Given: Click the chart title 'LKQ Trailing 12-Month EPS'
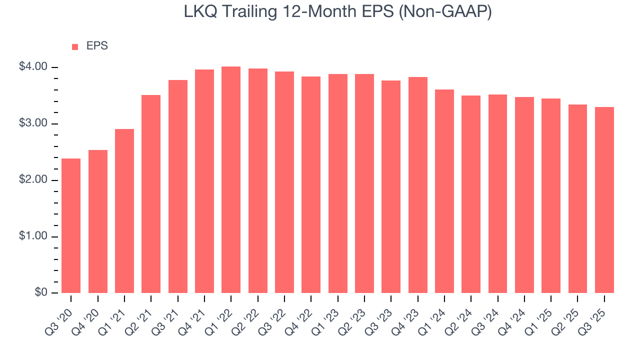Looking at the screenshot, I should [280, 12].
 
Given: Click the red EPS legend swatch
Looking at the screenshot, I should [75, 46].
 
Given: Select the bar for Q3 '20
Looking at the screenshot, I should [71, 225].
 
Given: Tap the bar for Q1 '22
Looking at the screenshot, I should [231, 179].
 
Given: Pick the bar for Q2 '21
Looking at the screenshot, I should [151, 194].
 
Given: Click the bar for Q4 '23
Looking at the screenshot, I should [417, 185].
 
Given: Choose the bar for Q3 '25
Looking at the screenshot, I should [604, 200].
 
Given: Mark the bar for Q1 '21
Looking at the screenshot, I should [124, 211].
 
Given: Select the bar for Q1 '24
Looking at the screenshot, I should [444, 191].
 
